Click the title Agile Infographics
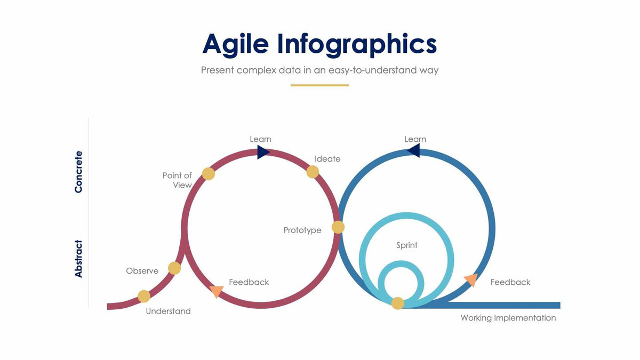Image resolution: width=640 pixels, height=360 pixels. (319, 44)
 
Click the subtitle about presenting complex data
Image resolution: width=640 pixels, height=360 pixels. (319, 70)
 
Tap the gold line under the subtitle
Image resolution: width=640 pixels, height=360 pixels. (319, 85)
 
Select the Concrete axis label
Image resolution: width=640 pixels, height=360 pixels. (79, 171)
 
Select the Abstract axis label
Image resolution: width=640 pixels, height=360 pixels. (79, 259)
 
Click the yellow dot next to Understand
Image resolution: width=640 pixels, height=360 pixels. (144, 297)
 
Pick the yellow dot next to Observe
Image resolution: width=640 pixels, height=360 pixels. (174, 268)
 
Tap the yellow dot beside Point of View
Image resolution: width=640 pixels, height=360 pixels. (209, 174)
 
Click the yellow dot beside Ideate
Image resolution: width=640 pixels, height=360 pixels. (313, 172)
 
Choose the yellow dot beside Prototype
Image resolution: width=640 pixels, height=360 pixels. (338, 227)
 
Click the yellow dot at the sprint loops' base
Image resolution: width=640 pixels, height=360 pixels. (398, 303)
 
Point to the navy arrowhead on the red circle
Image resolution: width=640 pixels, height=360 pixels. (263, 153)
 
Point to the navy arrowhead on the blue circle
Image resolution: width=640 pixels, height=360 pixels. (414, 151)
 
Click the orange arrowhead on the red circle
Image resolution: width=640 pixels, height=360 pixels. (217, 291)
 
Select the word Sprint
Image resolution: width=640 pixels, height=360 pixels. (407, 245)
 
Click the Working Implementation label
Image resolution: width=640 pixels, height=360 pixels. (508, 318)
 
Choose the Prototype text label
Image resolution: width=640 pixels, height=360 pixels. (302, 230)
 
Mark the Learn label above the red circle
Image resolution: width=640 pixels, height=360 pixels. (260, 139)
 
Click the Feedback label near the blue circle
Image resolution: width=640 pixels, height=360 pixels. (510, 282)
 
